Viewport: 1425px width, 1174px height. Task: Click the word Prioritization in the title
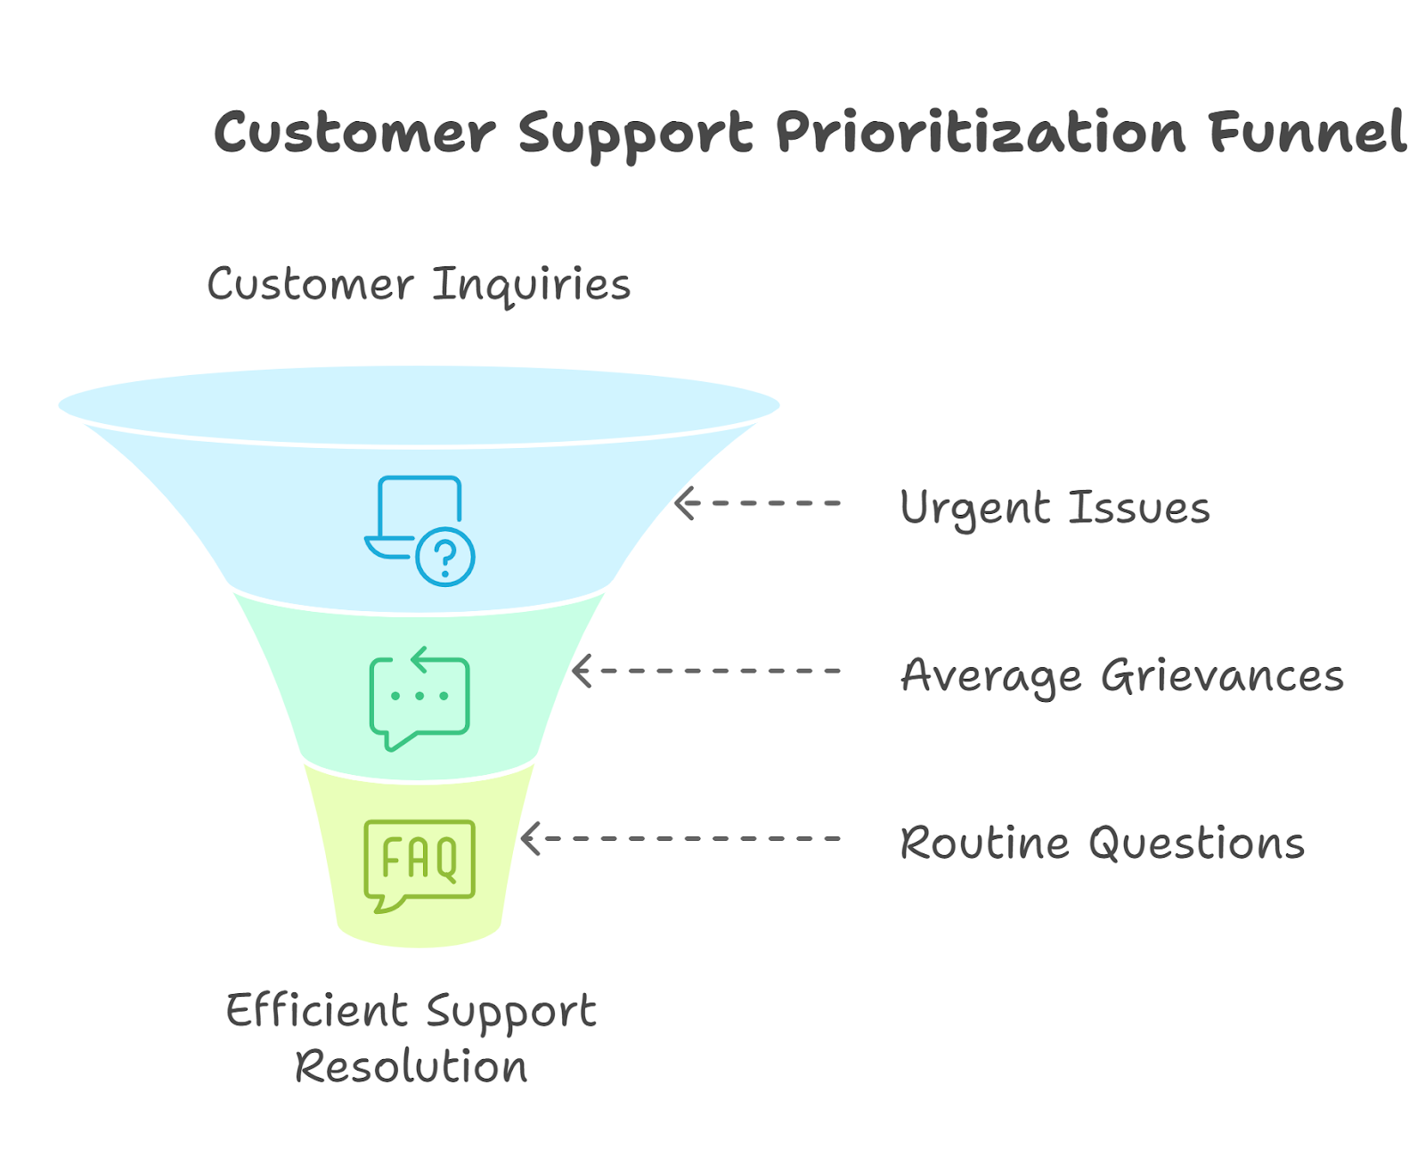pos(980,134)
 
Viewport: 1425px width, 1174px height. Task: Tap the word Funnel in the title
pos(1307,134)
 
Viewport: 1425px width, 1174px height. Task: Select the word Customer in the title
pos(354,134)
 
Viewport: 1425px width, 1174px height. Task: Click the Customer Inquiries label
pos(419,285)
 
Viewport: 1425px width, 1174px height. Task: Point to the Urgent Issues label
pos(1054,508)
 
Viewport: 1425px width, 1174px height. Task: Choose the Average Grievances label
pos(1122,675)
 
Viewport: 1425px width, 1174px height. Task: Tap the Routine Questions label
pos(1102,843)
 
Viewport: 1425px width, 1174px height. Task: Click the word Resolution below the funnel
pos(411,1067)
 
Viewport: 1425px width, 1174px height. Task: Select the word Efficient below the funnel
pos(316,1011)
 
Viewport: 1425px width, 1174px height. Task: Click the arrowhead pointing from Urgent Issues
pos(684,503)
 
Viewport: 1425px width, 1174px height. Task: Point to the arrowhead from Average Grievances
pos(582,671)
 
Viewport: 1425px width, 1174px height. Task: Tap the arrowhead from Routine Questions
pos(530,838)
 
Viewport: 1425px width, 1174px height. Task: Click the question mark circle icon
pos(445,558)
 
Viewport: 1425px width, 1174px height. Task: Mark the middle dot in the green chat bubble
pos(419,696)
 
